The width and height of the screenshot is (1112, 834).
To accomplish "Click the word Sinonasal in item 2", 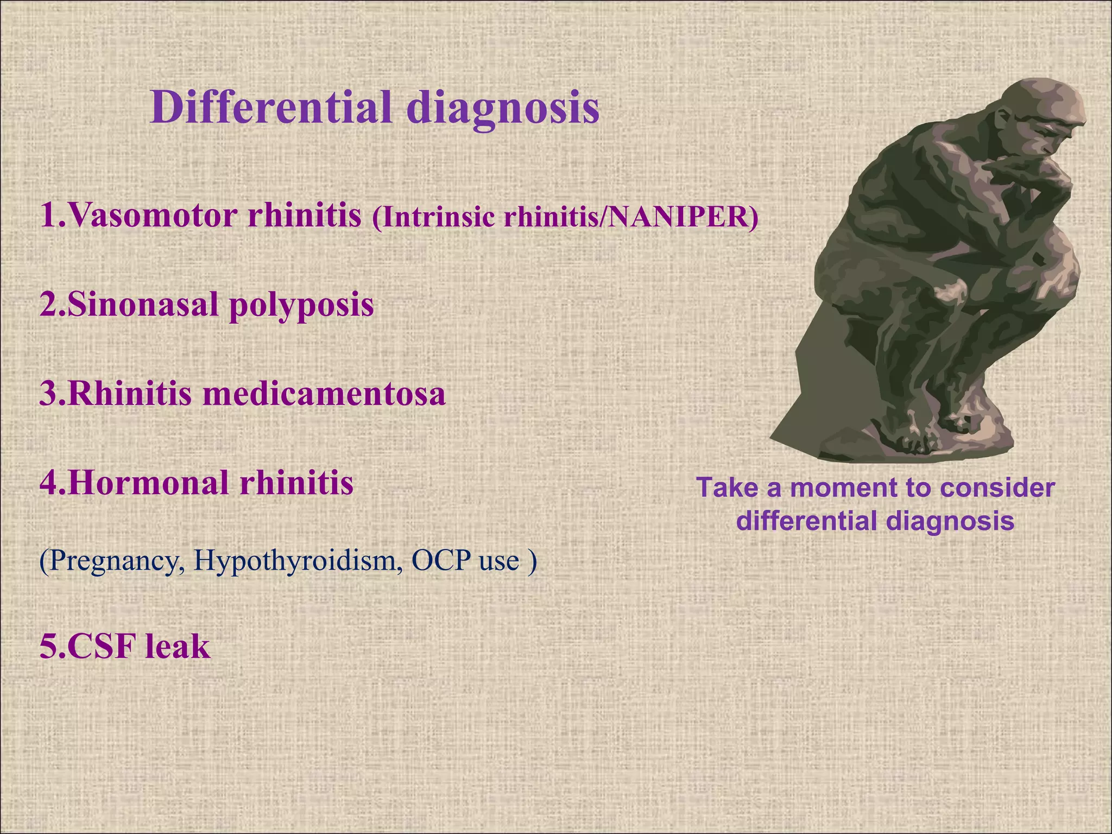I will coord(143,304).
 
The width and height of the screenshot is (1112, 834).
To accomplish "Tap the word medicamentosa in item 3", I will coord(324,394).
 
